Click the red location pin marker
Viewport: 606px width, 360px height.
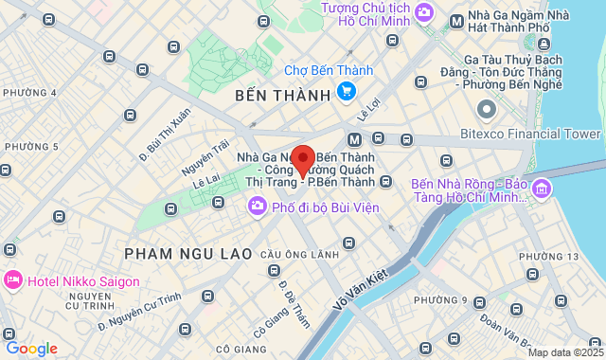pos(303,159)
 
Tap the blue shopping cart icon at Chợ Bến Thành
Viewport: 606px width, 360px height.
pos(347,92)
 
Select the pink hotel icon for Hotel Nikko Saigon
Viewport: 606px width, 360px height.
pos(13,280)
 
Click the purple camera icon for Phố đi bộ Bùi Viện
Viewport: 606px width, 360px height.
pos(257,207)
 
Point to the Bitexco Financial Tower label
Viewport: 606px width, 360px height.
pos(530,134)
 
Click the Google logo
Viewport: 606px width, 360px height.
pos(31,348)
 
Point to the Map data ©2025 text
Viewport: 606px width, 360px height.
pos(564,352)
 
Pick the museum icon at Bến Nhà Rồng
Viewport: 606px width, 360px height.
pos(542,189)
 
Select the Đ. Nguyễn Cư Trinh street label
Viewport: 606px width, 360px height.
pos(139,314)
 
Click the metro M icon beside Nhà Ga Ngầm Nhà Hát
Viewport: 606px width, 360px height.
pos(456,20)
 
